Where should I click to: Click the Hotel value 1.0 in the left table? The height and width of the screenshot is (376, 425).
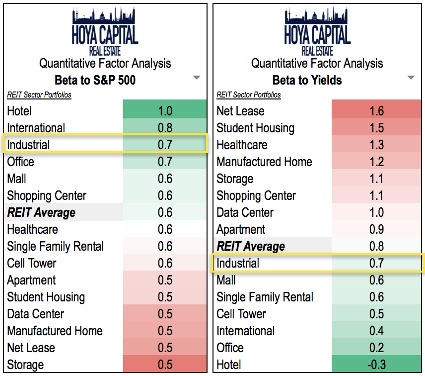[x=165, y=111]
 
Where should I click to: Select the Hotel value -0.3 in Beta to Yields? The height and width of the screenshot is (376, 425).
[x=377, y=365]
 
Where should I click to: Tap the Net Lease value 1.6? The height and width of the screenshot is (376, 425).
[x=377, y=111]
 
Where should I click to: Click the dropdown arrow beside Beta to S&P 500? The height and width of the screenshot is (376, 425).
[x=197, y=78]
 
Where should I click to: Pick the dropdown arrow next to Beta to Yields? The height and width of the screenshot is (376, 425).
[x=411, y=78]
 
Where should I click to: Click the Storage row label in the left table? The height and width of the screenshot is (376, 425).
[x=25, y=365]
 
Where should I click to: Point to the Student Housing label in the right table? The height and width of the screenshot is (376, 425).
[x=255, y=128]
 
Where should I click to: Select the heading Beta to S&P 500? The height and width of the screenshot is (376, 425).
[x=95, y=80]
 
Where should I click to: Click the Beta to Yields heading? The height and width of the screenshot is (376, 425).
[x=307, y=80]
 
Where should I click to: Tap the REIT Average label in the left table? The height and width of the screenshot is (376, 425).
[x=41, y=212]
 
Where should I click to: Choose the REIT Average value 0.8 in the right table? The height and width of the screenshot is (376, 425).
[x=377, y=246]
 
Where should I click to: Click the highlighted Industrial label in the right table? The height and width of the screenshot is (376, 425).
[x=238, y=263]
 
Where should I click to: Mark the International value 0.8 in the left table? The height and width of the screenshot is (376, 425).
[x=165, y=128]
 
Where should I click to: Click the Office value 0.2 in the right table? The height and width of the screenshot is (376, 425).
[x=377, y=348]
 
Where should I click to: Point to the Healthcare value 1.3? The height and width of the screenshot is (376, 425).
[x=377, y=145]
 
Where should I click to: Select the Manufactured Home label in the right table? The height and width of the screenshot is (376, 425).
[x=264, y=162]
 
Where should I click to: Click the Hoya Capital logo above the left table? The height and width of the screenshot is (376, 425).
[x=105, y=31]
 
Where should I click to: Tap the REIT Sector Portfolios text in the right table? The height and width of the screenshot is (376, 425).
[x=249, y=94]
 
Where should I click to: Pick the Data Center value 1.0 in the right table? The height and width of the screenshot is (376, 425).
[x=377, y=212]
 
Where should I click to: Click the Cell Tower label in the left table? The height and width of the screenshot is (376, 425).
[x=32, y=263]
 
